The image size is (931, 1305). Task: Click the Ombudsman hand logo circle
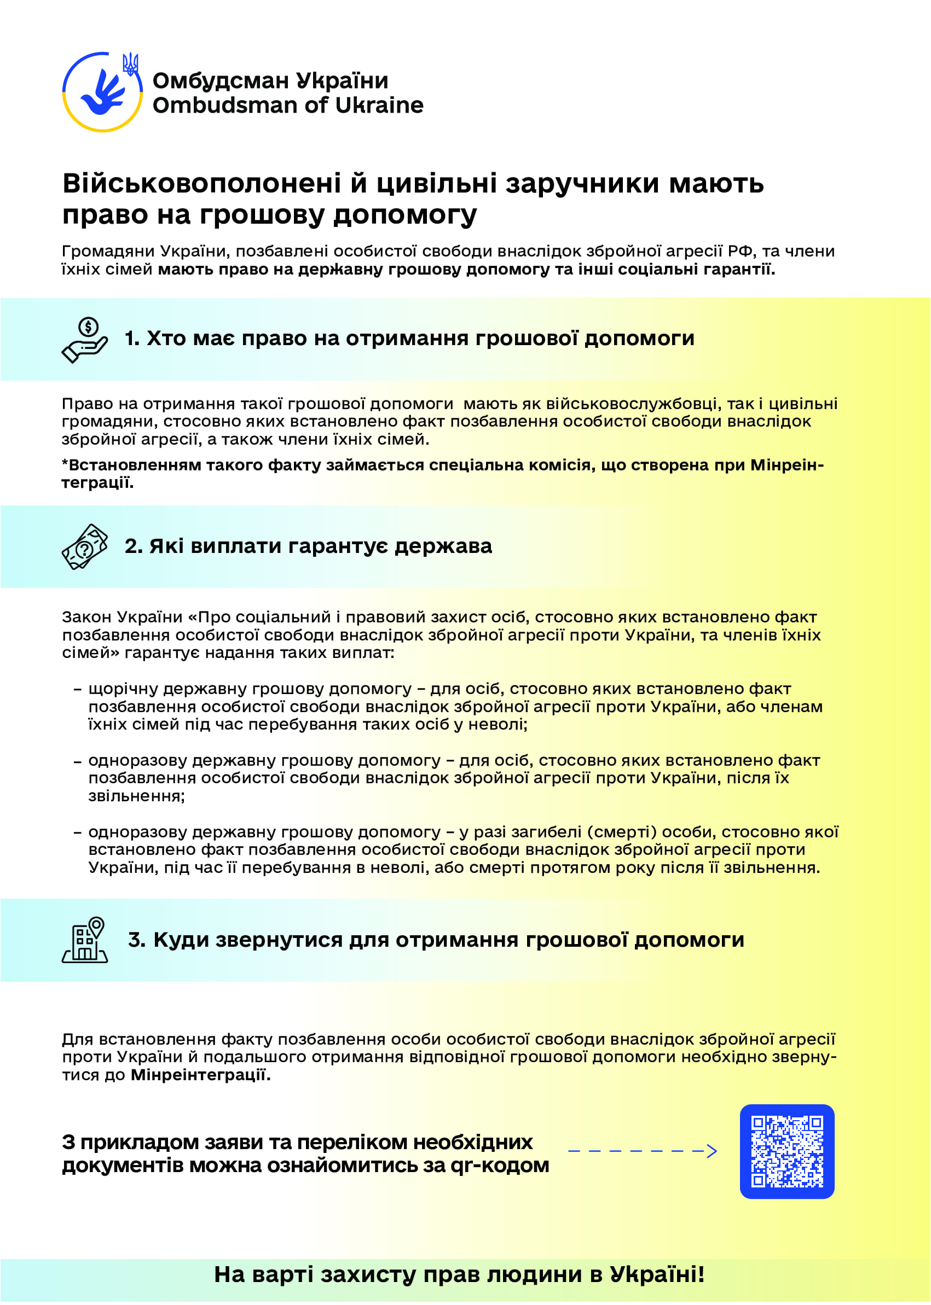click(102, 92)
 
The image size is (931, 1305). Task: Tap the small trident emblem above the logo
click(131, 64)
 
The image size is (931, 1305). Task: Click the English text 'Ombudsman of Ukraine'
click(288, 106)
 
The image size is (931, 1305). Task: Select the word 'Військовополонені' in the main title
click(201, 183)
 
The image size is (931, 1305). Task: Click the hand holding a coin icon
click(85, 340)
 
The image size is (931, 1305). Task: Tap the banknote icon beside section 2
click(85, 546)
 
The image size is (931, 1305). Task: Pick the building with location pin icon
click(85, 940)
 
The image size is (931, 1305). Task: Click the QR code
click(787, 1151)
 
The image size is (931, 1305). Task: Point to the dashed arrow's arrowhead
click(712, 1151)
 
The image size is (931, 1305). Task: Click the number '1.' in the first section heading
click(132, 339)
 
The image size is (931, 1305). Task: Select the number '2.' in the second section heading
click(134, 546)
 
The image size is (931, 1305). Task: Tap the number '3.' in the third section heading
click(136, 940)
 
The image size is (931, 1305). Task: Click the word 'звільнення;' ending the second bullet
click(136, 796)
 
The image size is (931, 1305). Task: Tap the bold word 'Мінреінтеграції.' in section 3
click(200, 1075)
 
